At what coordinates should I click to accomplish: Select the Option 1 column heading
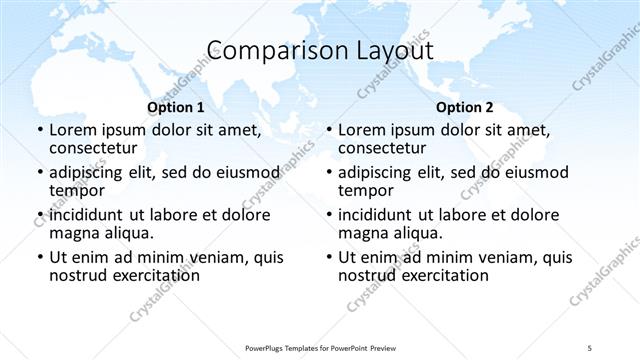(176, 107)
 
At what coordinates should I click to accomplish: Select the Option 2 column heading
(464, 107)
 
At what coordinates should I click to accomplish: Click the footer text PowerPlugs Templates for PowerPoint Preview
(320, 347)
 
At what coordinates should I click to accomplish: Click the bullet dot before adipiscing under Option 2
(328, 173)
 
